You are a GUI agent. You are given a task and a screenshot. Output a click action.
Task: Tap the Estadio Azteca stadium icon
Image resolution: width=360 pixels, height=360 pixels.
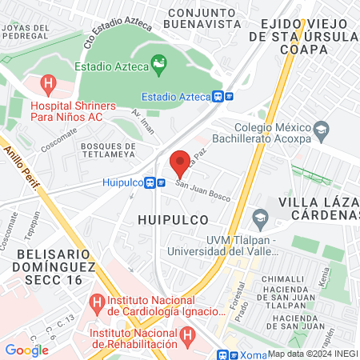coord(158,62)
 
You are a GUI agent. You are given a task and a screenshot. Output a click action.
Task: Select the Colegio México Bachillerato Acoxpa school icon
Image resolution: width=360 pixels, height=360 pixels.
coord(321,130)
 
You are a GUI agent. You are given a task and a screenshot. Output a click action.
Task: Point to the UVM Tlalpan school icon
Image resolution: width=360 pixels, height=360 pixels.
coord(260,217)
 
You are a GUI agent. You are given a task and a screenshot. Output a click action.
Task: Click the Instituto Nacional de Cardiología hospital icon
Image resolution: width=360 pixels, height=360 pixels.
coord(98,302)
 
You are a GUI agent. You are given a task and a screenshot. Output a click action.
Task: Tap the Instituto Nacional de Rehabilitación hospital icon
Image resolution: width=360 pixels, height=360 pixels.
coord(186,334)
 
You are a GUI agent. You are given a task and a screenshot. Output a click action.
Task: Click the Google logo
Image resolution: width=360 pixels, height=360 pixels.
coord(27,349)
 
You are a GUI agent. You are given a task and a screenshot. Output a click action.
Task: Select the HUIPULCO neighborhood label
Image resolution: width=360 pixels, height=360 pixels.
coord(172,218)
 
